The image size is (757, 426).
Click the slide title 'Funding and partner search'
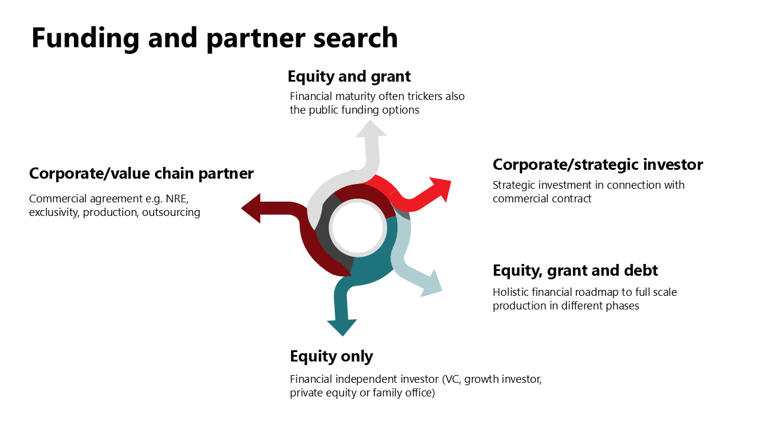click(214, 38)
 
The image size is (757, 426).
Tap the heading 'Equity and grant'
click(349, 76)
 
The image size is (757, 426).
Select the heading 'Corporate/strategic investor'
click(597, 164)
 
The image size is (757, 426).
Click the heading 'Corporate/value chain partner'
click(141, 173)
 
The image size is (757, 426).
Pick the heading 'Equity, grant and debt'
click(575, 271)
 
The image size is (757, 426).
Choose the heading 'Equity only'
click(331, 356)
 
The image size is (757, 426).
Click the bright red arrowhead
click(441, 189)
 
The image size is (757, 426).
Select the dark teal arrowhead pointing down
click(342, 326)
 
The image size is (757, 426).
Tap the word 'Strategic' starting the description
click(514, 185)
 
